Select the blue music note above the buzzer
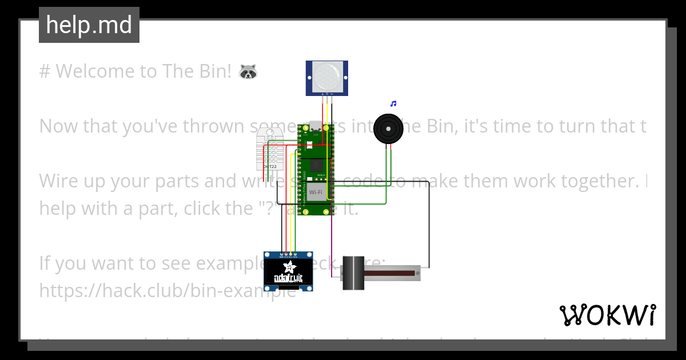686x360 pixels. pyautogui.click(x=393, y=104)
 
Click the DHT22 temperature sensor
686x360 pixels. pyautogui.click(x=269, y=149)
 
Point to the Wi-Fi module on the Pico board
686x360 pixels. pyautogui.click(x=316, y=192)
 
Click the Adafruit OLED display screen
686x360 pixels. pyautogui.click(x=289, y=273)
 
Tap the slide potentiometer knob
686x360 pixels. pyautogui.click(x=353, y=274)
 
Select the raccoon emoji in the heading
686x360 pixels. pyautogui.click(x=248, y=71)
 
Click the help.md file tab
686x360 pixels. pyautogui.click(x=89, y=25)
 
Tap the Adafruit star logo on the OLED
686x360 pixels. pyautogui.click(x=289, y=268)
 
